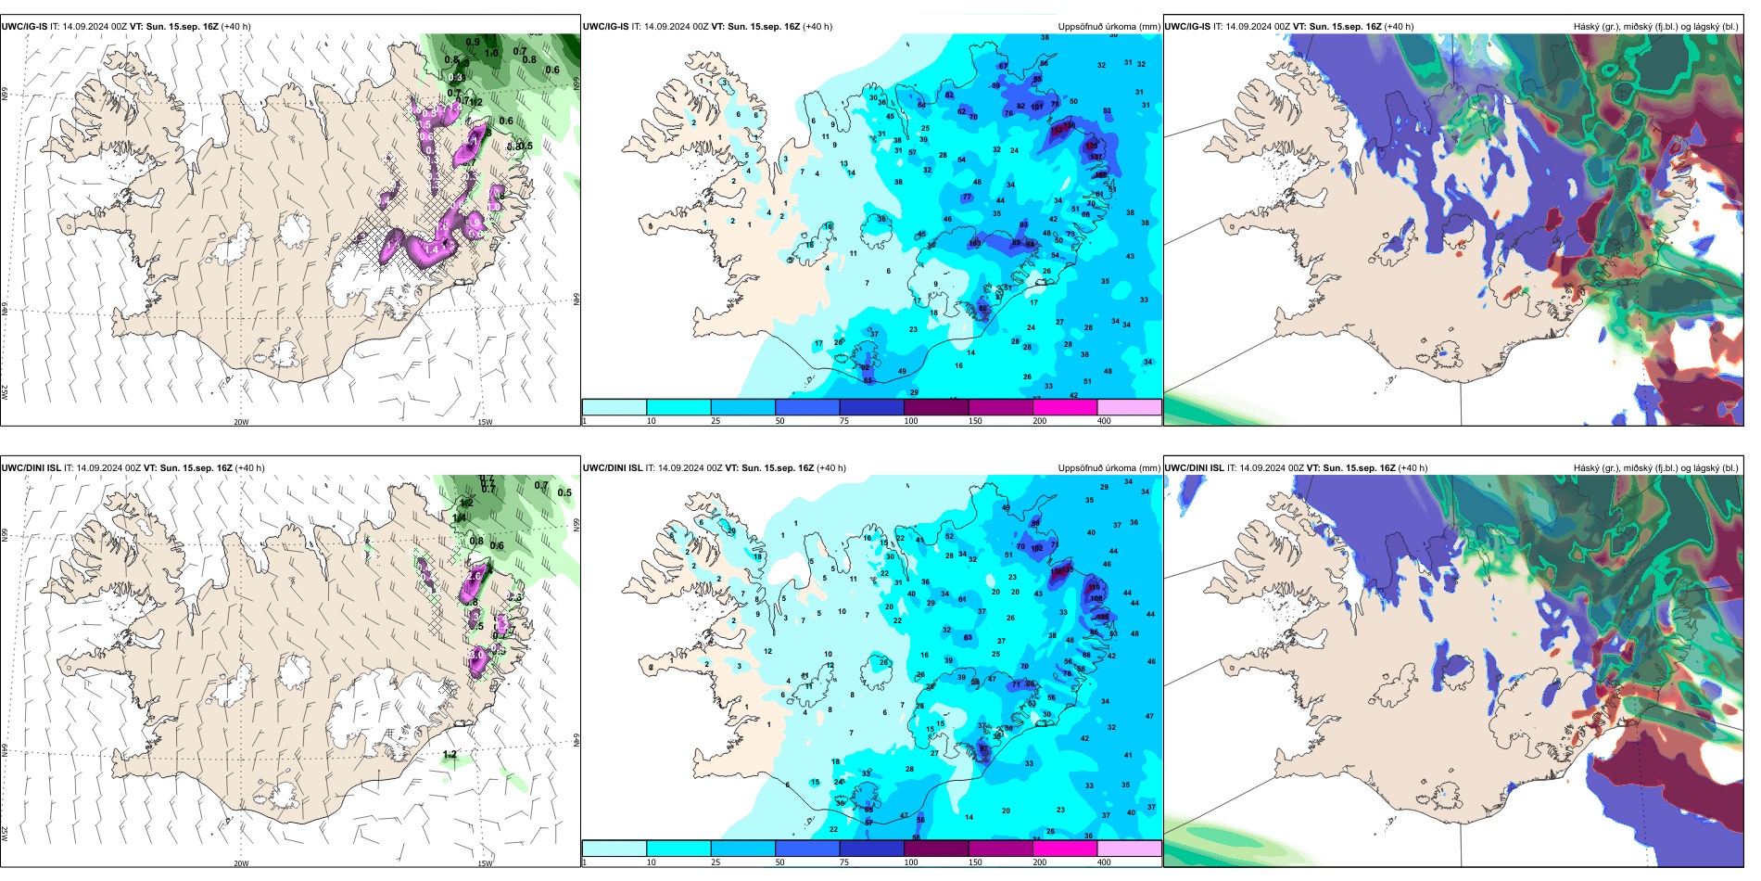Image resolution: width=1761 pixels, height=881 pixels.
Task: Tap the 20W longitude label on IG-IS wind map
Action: (241, 422)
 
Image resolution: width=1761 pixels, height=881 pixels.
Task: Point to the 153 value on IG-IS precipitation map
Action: (1057, 131)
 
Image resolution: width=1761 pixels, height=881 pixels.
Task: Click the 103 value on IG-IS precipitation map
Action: (974, 244)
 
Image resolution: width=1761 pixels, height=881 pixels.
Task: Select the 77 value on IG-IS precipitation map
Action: (967, 198)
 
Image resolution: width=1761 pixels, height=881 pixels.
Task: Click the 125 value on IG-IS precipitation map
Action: (1091, 146)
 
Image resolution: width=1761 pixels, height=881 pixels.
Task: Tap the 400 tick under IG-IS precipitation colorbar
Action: (1104, 421)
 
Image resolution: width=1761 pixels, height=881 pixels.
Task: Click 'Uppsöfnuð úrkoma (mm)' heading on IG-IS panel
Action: (1109, 27)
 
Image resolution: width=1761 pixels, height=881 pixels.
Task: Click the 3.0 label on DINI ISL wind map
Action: (477, 655)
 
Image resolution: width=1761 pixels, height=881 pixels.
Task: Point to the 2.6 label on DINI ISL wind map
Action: (474, 577)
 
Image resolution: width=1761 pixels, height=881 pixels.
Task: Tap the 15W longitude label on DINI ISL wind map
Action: (485, 863)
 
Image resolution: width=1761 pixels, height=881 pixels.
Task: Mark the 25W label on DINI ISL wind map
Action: (6, 834)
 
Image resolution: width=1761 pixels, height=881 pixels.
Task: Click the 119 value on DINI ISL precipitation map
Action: (1095, 587)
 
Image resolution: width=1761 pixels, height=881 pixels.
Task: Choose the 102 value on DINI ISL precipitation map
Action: (1037, 548)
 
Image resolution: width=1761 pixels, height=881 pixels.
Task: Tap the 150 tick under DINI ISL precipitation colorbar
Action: (975, 862)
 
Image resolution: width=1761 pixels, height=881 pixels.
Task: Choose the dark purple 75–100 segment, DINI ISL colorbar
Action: (871, 849)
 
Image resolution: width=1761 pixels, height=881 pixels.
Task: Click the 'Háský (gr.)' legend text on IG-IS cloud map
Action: (1596, 27)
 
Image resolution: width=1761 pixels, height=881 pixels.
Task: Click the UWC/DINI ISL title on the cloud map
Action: (1195, 468)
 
